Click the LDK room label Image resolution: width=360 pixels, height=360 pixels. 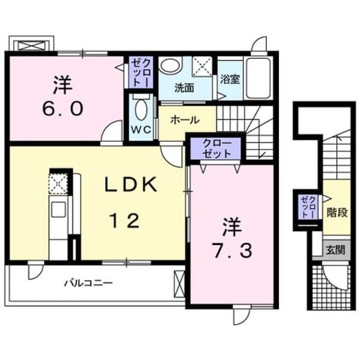131,185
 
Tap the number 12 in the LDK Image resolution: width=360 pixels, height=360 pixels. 125,221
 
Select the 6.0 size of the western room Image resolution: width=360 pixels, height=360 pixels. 62,109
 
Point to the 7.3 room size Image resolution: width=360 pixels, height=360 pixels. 233,250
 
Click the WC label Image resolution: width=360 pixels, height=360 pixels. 141,130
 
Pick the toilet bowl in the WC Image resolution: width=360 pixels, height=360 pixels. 141,110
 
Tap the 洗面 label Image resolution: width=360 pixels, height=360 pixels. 184,88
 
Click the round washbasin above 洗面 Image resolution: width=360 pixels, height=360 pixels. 170,65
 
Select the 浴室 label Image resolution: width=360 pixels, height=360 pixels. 230,79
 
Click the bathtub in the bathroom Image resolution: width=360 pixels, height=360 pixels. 258,78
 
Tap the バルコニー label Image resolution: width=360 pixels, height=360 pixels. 89,283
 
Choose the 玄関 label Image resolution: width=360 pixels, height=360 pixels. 335,250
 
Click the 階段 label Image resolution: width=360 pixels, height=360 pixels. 337,213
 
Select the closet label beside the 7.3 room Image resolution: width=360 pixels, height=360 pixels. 217,149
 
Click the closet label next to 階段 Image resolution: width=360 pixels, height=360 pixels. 309,207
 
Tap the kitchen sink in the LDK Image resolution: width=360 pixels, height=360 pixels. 58,209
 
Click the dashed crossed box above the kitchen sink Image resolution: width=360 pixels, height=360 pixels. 58,183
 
